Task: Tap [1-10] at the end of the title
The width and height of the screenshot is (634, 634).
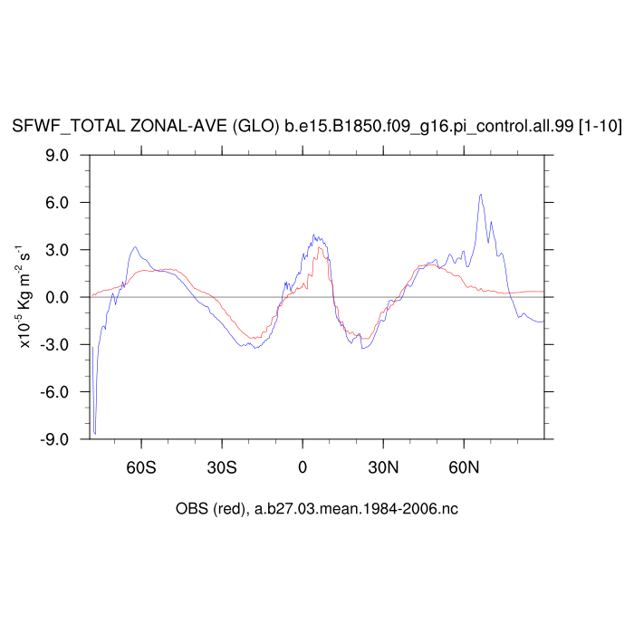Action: pos(600,127)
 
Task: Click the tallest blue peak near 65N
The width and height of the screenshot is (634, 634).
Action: pos(481,194)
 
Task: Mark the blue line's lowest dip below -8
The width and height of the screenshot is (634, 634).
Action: pos(95,433)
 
